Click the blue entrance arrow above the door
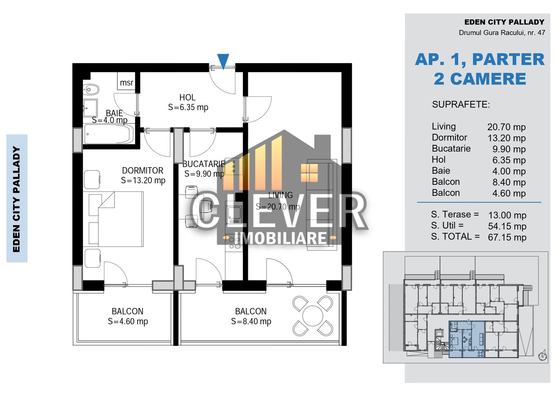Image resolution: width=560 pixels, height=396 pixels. pyautogui.click(x=223, y=60)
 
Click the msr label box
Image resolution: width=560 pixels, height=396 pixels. pyautogui.click(x=127, y=82)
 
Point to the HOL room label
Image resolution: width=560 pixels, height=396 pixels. pyautogui.click(x=187, y=98)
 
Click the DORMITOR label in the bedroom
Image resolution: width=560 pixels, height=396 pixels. pyautogui.click(x=143, y=170)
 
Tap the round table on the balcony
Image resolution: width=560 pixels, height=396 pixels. pyautogui.click(x=313, y=316)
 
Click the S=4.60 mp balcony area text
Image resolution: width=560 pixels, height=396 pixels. pyautogui.click(x=128, y=322)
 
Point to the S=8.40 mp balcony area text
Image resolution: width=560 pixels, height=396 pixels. pyautogui.click(x=251, y=322)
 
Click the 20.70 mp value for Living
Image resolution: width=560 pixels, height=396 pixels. pyautogui.click(x=506, y=127)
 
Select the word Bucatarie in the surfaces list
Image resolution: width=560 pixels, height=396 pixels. pyautogui.click(x=451, y=148)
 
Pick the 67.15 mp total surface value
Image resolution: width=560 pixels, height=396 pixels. pyautogui.click(x=507, y=237)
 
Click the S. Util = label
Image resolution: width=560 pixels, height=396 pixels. pyautogui.click(x=447, y=225)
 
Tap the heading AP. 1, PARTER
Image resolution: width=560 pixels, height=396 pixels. pyautogui.click(x=480, y=59)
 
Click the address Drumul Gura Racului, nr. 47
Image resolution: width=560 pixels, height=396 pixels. pyautogui.click(x=502, y=33)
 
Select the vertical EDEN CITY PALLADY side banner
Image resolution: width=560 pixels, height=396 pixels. pyautogui.click(x=17, y=198)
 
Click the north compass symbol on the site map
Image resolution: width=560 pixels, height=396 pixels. pyautogui.click(x=542, y=356)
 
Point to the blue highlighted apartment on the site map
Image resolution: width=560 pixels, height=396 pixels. pyautogui.click(x=467, y=339)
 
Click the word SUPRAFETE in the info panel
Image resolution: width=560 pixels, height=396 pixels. pyautogui.click(x=461, y=104)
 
